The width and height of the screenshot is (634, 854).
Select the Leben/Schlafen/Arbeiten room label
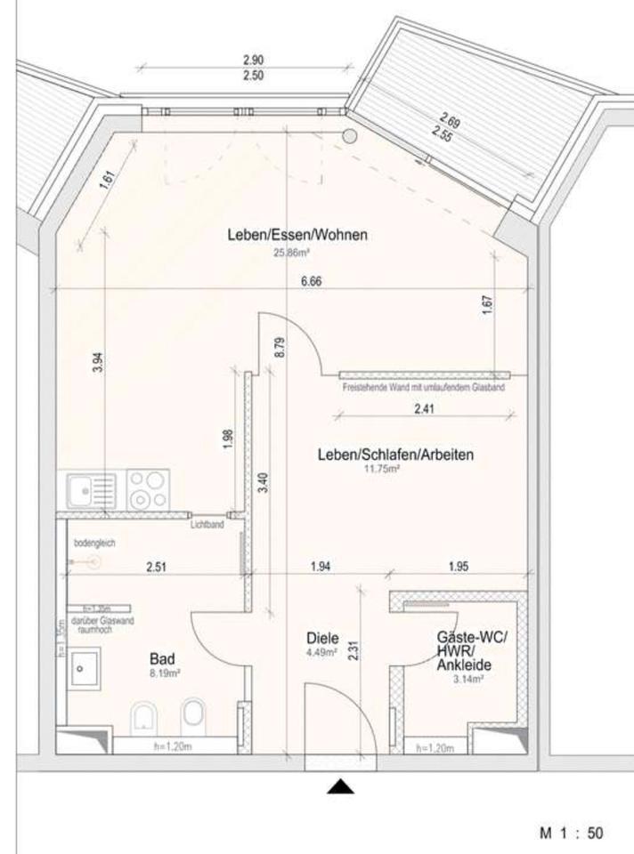click(x=395, y=455)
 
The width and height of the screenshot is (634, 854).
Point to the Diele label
click(x=321, y=638)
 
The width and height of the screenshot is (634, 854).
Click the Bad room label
click(x=161, y=659)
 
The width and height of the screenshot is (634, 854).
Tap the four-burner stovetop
click(x=147, y=490)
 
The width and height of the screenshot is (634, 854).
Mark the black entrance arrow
click(x=340, y=786)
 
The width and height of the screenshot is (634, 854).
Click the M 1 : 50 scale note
click(x=571, y=834)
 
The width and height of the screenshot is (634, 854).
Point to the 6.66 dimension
click(x=311, y=282)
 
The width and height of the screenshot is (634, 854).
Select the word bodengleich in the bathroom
click(x=95, y=543)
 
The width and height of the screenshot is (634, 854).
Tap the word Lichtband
click(x=207, y=526)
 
